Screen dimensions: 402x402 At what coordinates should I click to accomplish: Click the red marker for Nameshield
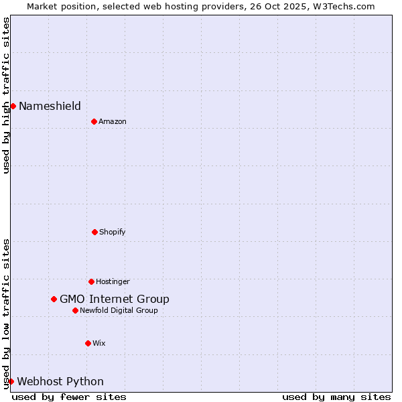pyautogui.click(x=13, y=106)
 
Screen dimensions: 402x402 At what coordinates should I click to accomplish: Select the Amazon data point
pyautogui.click(x=94, y=121)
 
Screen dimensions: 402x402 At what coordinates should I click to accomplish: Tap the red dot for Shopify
pyautogui.click(x=94, y=232)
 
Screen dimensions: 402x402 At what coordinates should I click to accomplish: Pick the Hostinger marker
pyautogui.click(x=91, y=281)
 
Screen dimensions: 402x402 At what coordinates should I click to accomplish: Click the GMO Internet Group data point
pyautogui.click(x=54, y=299)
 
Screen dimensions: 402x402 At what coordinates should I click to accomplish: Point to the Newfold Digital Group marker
pyautogui.click(x=75, y=310)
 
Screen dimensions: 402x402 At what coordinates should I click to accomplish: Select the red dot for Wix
pyautogui.click(x=88, y=343)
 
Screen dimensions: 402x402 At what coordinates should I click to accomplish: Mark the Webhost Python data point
pyautogui.click(x=11, y=381)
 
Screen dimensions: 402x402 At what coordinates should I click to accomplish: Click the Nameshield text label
pyautogui.click(x=50, y=106)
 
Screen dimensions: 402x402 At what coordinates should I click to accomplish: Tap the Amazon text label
pyautogui.click(x=113, y=121)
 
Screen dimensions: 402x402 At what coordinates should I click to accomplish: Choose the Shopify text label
pyautogui.click(x=113, y=232)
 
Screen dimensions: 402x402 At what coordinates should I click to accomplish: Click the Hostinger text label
pyautogui.click(x=113, y=281)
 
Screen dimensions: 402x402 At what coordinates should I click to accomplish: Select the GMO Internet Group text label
pyautogui.click(x=115, y=299)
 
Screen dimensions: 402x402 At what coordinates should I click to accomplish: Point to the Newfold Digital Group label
pyautogui.click(x=119, y=310)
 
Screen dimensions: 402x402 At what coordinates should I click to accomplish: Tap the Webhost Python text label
pyautogui.click(x=60, y=381)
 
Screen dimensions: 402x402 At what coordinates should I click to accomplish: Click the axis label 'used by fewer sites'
pyautogui.click(x=69, y=397)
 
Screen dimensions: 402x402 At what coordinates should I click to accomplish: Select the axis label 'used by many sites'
pyautogui.click(x=336, y=397)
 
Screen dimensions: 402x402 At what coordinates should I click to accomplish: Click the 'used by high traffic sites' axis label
pyautogui.click(x=6, y=95)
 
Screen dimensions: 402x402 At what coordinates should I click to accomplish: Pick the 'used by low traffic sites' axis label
pyautogui.click(x=6, y=313)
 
